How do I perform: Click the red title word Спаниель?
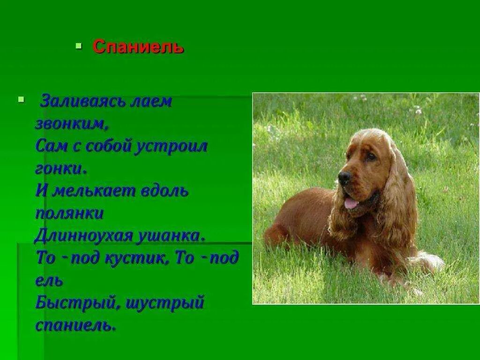138,47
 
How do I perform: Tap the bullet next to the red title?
79,46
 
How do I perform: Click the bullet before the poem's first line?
20,99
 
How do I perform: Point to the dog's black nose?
345,177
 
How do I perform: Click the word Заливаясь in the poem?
83,101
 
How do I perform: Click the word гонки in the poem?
60,168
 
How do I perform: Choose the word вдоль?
165,191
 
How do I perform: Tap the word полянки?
69,213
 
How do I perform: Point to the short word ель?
49,281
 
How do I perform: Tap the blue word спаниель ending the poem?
75,325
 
